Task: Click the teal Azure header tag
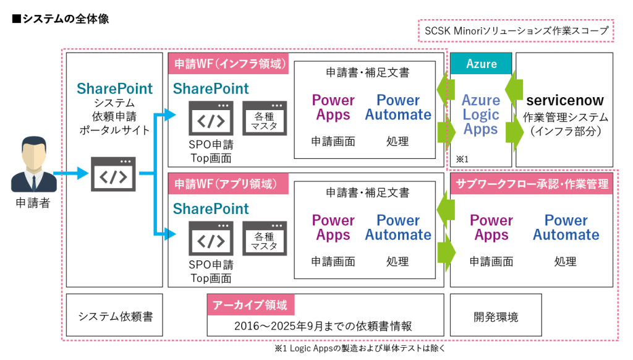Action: [481, 64]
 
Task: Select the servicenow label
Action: [565, 100]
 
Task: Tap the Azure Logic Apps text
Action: [481, 114]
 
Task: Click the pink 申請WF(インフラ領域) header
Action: [229, 64]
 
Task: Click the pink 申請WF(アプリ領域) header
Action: [229, 184]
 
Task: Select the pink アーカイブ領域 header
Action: [250, 305]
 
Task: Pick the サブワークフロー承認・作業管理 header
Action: [532, 184]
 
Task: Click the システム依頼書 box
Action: [116, 317]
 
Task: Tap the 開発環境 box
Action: [496, 317]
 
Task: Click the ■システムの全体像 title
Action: [61, 19]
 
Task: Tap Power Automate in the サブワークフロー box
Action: [566, 228]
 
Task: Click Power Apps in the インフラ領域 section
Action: [333, 108]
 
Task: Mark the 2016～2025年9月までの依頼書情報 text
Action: [323, 326]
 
